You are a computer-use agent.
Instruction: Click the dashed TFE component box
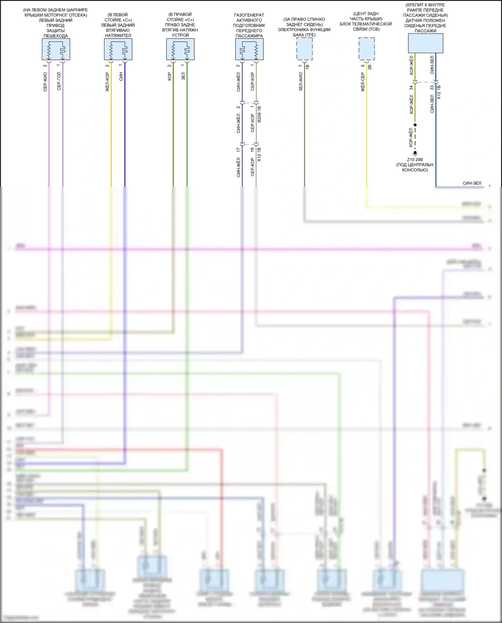[x=305, y=49]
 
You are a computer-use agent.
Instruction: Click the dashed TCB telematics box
[x=366, y=49]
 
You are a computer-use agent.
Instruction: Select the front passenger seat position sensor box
[x=425, y=44]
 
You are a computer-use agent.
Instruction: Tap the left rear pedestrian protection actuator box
[x=56, y=49]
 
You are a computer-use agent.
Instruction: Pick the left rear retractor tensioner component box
[x=118, y=49]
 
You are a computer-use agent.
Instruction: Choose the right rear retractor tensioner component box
[x=180, y=49]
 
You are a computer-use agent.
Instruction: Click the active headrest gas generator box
[x=249, y=49]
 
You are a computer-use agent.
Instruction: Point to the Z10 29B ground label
[x=415, y=160]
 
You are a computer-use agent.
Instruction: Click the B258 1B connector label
[x=259, y=114]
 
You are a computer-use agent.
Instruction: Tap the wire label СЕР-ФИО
[x=45, y=82]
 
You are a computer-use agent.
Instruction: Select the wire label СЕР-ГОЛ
[x=59, y=81]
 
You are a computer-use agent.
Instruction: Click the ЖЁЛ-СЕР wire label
[x=362, y=82]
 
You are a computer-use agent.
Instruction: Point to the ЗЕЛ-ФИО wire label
[x=301, y=81]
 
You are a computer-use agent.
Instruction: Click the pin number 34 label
[x=411, y=88]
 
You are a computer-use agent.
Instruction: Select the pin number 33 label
[x=432, y=88]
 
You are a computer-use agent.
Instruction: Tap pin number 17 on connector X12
[x=238, y=150]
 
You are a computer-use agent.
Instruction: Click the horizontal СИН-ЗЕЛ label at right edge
[x=472, y=183]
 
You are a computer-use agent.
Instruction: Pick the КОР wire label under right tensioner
[x=169, y=77]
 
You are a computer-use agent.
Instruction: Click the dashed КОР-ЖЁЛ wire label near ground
[x=411, y=137]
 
